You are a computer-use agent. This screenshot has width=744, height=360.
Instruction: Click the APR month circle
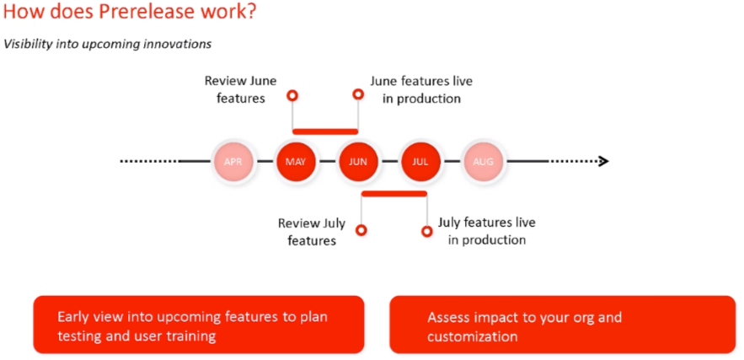pos(233,161)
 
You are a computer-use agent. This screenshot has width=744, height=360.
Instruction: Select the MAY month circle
pos(296,161)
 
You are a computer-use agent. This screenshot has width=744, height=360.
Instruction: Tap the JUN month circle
pos(358,161)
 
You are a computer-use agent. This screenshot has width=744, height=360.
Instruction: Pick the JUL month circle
pos(420,161)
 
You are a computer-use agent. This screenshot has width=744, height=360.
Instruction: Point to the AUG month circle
pos(483,161)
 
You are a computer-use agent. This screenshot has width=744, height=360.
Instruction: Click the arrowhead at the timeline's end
pos(602,161)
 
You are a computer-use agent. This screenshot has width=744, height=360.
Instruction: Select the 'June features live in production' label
pos(420,89)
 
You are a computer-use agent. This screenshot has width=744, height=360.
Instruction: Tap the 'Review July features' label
pos(311,232)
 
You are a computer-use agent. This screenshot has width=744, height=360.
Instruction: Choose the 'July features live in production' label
pos(486,231)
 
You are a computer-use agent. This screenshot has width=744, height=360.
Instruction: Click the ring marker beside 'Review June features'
pos(292,95)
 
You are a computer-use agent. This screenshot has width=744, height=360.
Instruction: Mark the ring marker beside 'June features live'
pos(357,95)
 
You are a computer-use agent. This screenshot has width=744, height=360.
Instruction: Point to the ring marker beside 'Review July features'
pos(361,229)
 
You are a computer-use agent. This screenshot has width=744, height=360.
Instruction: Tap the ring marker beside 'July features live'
pos(426,229)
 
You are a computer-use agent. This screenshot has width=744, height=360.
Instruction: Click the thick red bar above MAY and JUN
pos(325,131)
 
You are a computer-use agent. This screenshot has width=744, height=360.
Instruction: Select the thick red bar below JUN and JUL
pos(393,193)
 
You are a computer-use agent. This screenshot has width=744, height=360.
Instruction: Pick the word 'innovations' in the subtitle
pos(177,44)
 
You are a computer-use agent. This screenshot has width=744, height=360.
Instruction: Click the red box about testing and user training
pos(199,325)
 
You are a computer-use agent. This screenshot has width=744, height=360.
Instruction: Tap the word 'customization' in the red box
pos(472,336)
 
